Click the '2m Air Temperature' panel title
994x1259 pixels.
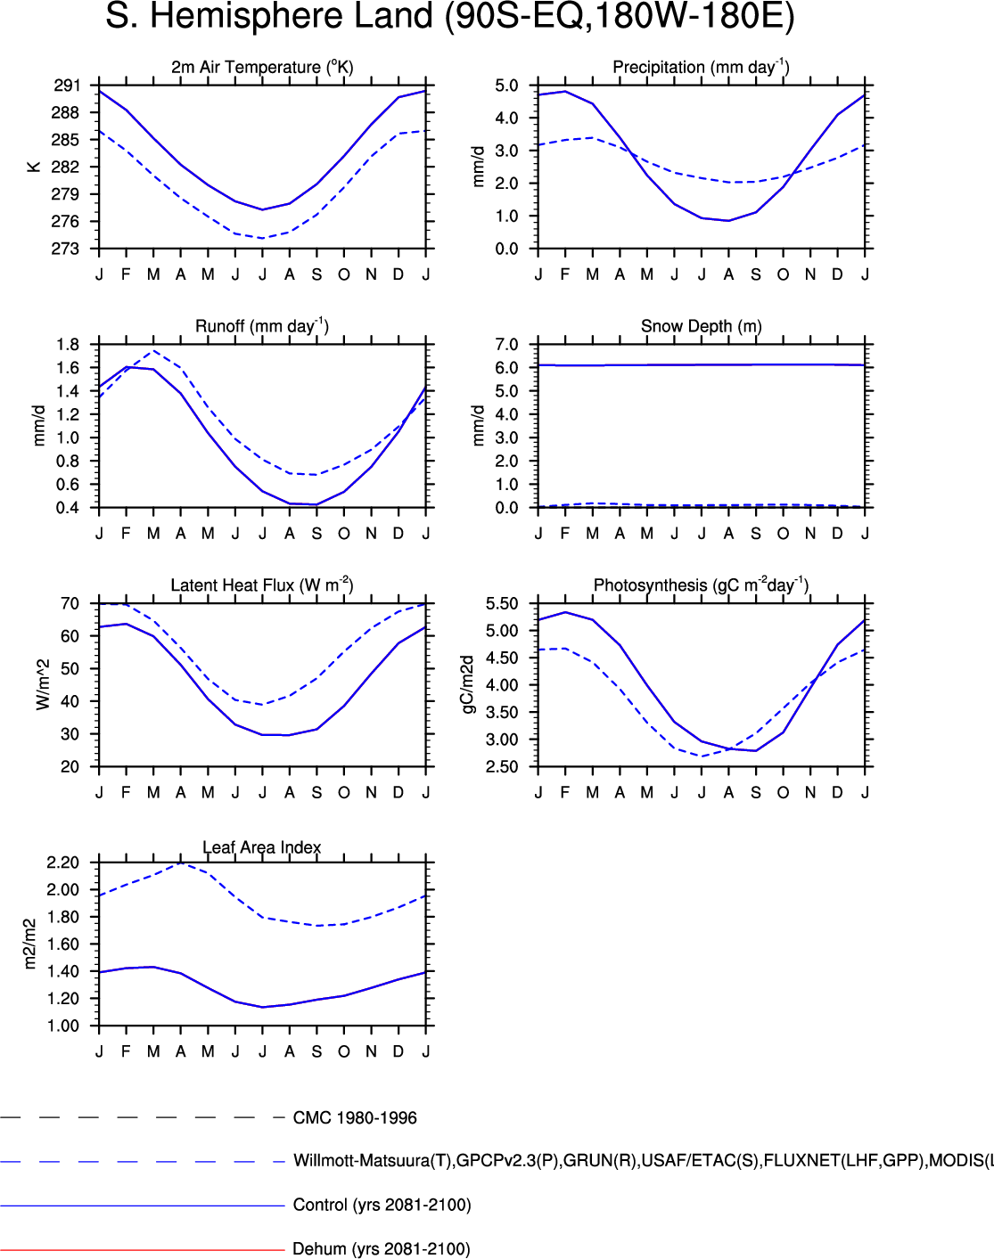click(262, 67)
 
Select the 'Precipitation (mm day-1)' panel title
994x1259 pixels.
click(701, 67)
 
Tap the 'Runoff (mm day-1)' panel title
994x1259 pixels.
click(262, 326)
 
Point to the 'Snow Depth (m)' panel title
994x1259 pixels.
click(701, 326)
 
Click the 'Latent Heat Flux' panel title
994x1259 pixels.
click(262, 585)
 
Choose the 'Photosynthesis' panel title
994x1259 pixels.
click(701, 585)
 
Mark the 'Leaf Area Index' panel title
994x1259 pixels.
click(262, 847)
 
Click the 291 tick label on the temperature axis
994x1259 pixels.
click(67, 86)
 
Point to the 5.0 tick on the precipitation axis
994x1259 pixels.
click(506, 86)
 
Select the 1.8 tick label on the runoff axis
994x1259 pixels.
click(67, 345)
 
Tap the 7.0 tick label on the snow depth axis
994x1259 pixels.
click(506, 345)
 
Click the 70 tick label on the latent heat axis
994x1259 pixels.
click(70, 604)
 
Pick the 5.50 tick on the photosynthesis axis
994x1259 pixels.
click(502, 604)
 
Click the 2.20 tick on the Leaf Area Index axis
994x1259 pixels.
click(63, 862)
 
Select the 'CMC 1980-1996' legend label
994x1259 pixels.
click(355, 1118)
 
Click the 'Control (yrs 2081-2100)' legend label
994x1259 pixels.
click(382, 1205)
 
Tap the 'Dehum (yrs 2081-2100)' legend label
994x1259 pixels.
click(382, 1249)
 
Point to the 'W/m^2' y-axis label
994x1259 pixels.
click(43, 685)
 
